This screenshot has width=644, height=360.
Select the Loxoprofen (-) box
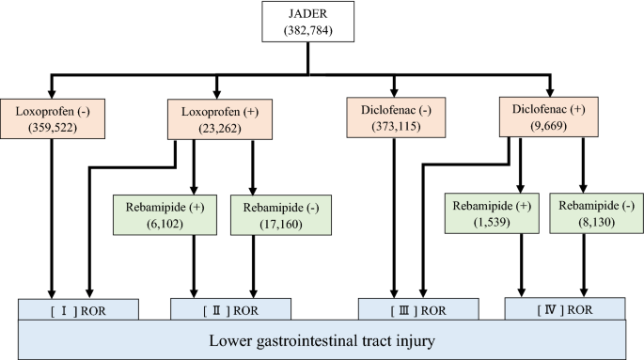coord(52,118)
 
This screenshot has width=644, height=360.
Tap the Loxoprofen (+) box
coord(216,118)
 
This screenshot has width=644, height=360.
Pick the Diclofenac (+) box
coord(549,118)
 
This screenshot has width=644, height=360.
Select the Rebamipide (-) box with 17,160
coord(268,214)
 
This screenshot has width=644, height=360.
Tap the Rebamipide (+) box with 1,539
coord(476,214)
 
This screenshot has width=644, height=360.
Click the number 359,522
coord(52,129)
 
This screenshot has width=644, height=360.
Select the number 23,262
coord(216,129)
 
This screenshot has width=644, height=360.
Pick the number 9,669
coord(549,129)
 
